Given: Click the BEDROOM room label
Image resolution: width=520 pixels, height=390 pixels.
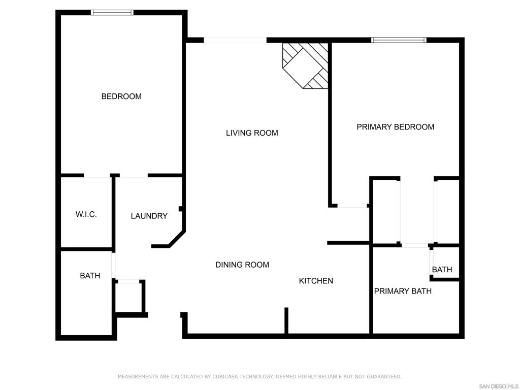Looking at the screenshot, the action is coord(121,96).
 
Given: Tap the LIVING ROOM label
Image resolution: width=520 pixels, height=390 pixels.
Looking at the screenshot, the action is coord(252,133).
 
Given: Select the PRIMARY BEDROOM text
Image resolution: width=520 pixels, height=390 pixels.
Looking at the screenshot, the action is coord(395,127).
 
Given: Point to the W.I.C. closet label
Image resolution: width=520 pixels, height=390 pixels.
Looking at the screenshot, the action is coord(86,215).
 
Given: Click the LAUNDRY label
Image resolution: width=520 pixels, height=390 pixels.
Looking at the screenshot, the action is coord(149,216).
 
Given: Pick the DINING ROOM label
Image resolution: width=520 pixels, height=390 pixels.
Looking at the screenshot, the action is coord(242,265).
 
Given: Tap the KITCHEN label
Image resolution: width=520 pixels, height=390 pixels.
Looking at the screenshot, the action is coord(316,281).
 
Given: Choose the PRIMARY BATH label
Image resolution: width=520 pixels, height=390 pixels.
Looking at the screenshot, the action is coord(403,291).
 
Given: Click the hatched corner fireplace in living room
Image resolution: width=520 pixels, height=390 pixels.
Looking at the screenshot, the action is coord(305,66).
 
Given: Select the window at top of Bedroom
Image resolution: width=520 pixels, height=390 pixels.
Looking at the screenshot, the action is coord(112,13).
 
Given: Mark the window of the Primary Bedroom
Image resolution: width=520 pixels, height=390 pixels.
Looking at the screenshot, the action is coord(399,40).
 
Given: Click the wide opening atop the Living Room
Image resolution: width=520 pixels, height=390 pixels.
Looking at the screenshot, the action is coord(235,40).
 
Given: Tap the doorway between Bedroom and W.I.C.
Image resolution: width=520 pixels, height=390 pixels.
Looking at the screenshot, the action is coord(97,175).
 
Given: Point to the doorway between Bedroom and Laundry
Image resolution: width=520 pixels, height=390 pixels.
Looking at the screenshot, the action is coord(134,175).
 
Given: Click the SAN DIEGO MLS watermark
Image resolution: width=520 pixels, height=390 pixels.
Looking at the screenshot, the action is coord(498,386).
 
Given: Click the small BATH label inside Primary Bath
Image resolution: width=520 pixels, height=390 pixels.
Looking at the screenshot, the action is coord(442,270).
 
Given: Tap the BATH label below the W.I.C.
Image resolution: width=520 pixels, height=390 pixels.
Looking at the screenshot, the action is coord(90,276).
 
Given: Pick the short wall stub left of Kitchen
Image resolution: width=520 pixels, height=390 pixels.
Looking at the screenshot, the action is coord(286,321).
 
